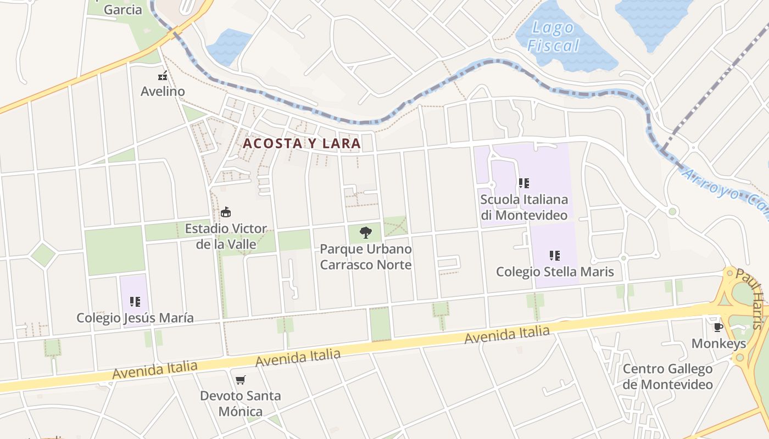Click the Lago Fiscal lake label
(554, 37)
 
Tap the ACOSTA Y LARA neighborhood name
(302, 144)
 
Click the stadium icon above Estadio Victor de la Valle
(225, 212)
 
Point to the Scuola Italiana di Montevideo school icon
(524, 183)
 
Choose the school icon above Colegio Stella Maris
(555, 255)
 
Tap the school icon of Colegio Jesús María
(135, 301)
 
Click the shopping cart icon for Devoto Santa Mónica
(240, 380)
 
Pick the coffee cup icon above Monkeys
(718, 328)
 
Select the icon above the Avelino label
(163, 76)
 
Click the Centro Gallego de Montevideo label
(667, 376)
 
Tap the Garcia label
(122, 9)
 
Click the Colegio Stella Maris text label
(555, 272)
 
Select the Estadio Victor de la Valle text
(226, 236)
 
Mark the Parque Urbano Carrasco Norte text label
(366, 257)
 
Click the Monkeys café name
(718, 344)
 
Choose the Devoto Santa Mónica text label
(240, 403)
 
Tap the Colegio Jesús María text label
(135, 318)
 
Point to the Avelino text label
(163, 91)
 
